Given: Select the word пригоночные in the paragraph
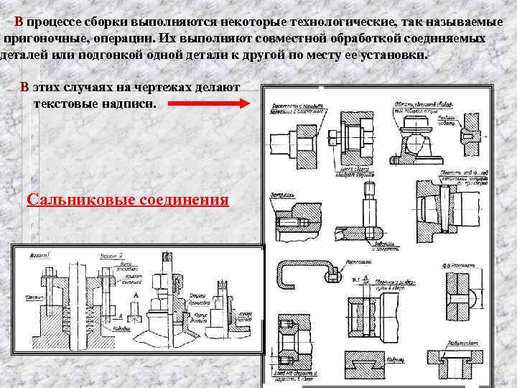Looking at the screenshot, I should pyautogui.click(x=42, y=37).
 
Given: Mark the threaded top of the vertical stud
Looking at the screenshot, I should pyautogui.click(x=370, y=190).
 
